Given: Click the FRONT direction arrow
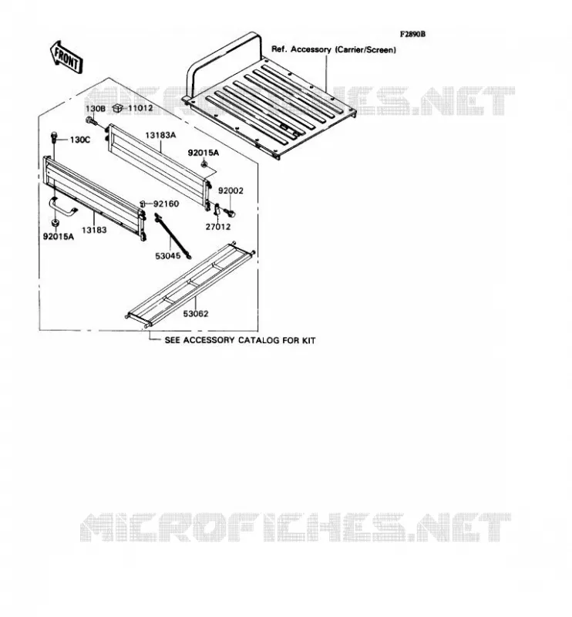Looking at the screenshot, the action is coord(66,57).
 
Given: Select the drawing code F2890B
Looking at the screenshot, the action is coord(412,34).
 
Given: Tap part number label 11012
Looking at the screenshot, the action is coord(140,107).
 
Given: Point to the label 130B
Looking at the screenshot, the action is coord(96,109).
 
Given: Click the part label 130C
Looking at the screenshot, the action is coord(80,140).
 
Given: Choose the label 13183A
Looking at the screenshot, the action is coord(160,136).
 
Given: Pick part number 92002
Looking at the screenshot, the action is coord(231,190).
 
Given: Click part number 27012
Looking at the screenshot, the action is coord(218,227).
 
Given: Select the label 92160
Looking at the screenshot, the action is coord(166,204).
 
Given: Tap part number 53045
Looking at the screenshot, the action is coord(168,256).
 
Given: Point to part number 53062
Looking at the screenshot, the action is coord(196,314).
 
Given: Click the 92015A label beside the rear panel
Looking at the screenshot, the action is coord(203,153).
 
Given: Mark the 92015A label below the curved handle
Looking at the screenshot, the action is coord(59,237).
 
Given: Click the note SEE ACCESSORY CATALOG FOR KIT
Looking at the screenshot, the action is coord(240,340).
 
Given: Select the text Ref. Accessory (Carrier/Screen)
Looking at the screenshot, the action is coord(334,49).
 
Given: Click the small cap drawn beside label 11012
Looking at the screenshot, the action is coord(117,107).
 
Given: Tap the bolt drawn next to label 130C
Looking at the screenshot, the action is coord(54,138).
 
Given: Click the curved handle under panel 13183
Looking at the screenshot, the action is coord(63,207).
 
